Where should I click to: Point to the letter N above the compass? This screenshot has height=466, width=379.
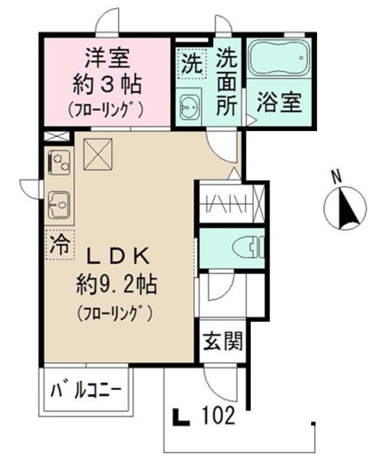pyautogui.click(x=336, y=175)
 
